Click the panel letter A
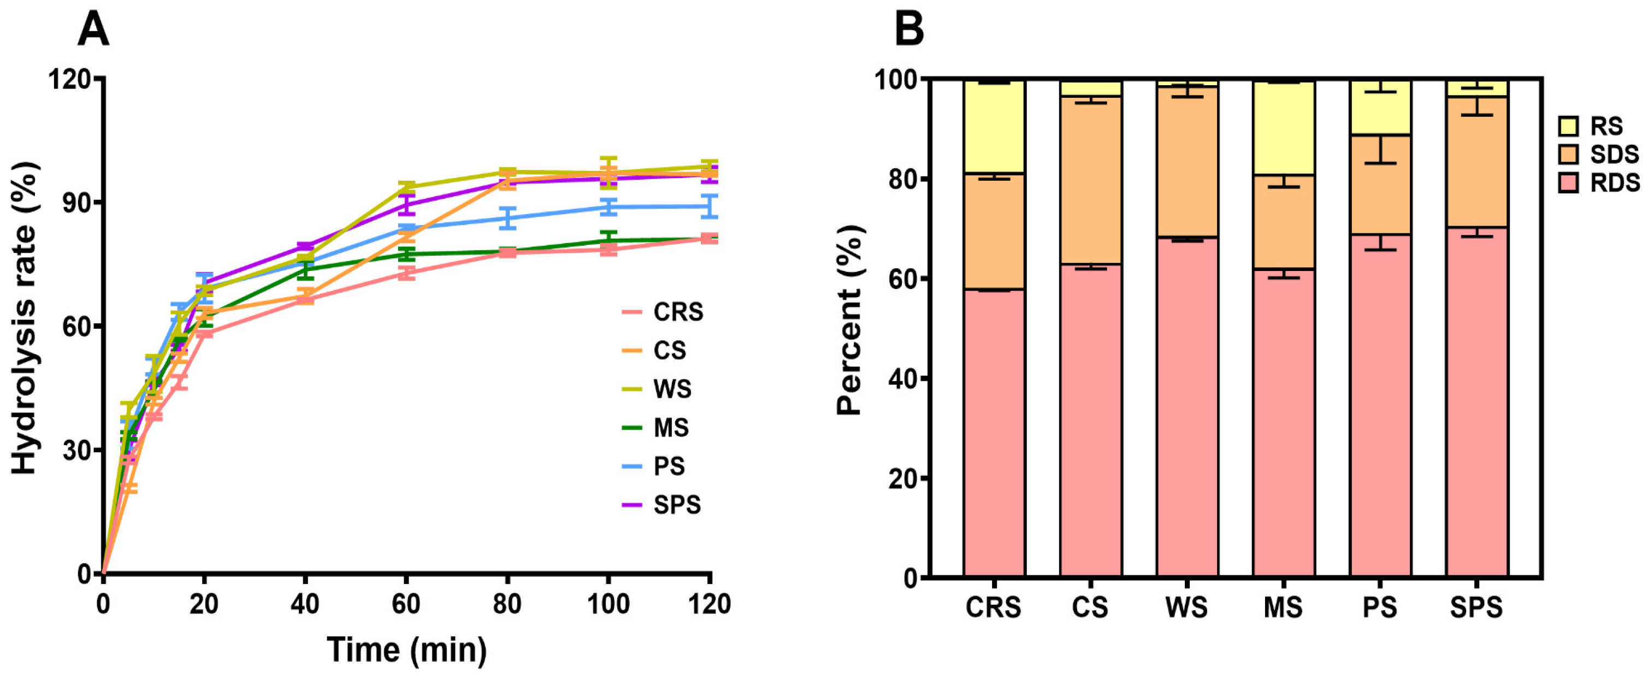click(93, 30)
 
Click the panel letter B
click(908, 30)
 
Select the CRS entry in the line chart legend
click(663, 312)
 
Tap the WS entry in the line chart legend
click(657, 389)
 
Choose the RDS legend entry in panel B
click(1599, 183)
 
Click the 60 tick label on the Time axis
click(406, 604)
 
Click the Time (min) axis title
click(407, 650)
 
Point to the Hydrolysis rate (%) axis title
click(25, 317)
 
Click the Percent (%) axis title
click(850, 320)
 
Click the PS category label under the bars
click(1380, 607)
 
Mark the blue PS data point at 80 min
click(507, 218)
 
